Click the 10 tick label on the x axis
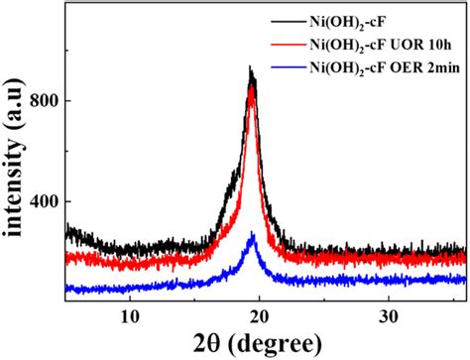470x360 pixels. (129, 316)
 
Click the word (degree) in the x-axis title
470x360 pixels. (267, 344)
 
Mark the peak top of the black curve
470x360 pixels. (251, 68)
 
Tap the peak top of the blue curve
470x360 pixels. (253, 234)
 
